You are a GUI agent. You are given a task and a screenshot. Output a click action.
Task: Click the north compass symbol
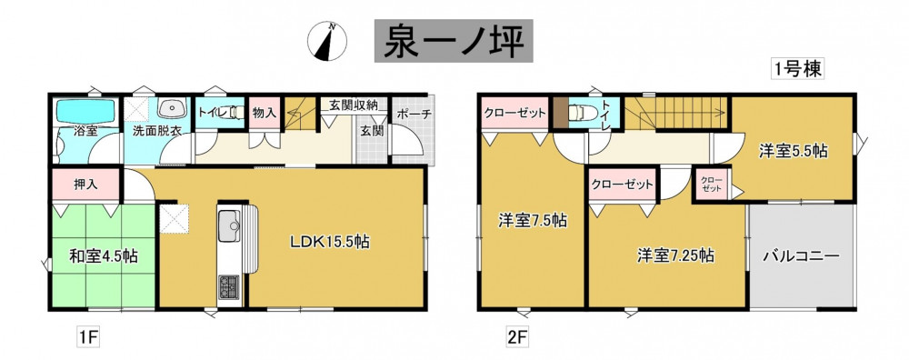[x=327, y=42]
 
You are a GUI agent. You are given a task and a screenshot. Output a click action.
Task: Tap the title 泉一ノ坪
[x=454, y=41]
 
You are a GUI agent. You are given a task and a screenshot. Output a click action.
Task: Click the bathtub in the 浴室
[x=85, y=110]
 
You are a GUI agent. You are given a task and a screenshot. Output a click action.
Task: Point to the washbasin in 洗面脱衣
[x=172, y=108]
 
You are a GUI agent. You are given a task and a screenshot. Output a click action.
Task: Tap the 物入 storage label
[x=265, y=113]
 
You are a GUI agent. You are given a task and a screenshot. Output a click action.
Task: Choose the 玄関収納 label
[x=354, y=105]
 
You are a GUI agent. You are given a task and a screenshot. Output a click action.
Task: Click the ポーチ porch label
[x=414, y=115]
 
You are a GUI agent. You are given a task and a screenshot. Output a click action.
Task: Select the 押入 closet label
[x=85, y=185]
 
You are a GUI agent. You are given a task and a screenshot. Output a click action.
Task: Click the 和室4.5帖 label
[x=104, y=256]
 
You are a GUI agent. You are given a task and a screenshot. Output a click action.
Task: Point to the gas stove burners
[x=229, y=286]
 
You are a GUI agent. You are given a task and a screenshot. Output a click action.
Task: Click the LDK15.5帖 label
[x=330, y=242]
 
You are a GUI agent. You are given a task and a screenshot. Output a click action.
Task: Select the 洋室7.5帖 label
[x=533, y=220]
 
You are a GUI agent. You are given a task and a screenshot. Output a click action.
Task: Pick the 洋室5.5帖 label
[x=793, y=151]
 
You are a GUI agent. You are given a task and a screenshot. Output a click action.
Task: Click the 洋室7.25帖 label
[x=676, y=255]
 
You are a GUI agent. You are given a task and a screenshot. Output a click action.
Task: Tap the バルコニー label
[x=801, y=255]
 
